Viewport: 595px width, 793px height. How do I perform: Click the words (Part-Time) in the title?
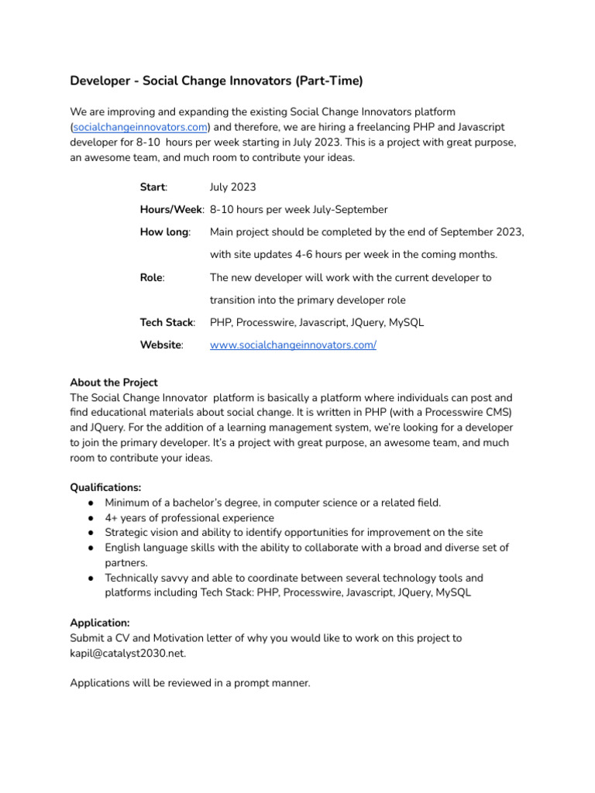pyautogui.click(x=325, y=81)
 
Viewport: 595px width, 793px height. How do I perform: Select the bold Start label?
pyautogui.click(x=153, y=187)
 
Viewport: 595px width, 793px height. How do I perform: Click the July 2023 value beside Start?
pyautogui.click(x=232, y=187)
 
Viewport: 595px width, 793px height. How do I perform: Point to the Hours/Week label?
pyautogui.click(x=171, y=210)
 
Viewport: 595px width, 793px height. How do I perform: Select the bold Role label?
pyautogui.click(x=151, y=277)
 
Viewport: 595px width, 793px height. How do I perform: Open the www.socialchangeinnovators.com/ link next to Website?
pyautogui.click(x=293, y=345)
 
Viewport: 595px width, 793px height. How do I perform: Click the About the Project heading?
pyautogui.click(x=114, y=383)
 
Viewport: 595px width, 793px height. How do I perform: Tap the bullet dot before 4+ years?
pyautogui.click(x=91, y=518)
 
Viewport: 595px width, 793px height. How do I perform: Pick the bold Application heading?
pyautogui.click(x=100, y=623)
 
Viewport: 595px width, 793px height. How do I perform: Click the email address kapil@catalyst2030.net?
pyautogui.click(x=128, y=653)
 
